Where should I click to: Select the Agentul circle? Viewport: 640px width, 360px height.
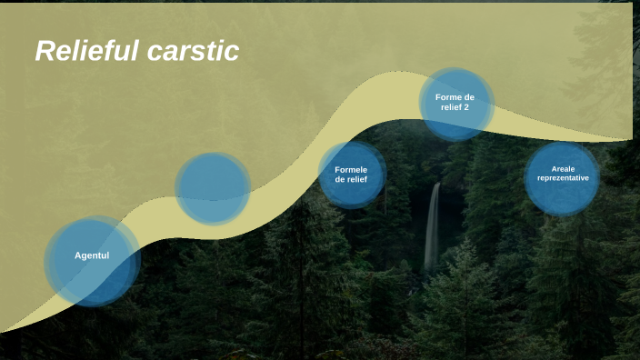coord(93,261)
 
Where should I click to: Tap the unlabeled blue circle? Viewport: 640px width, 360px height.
coord(213,188)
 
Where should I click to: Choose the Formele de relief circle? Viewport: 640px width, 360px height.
coord(351,175)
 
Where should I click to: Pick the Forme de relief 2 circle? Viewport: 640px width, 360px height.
coord(455,103)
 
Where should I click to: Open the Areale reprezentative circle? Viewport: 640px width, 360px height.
coord(563,177)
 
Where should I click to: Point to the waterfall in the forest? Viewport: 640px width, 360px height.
coord(433,227)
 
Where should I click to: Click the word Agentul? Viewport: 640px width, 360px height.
coord(92,255)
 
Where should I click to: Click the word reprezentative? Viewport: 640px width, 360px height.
coord(563,178)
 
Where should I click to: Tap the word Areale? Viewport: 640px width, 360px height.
coord(563,168)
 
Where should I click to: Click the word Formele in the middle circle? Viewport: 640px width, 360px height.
coord(351,169)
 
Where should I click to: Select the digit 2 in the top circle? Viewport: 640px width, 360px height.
coord(466,107)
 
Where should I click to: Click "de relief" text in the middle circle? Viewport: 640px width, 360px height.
coord(351,179)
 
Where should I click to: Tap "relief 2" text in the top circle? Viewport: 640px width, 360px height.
coord(455,107)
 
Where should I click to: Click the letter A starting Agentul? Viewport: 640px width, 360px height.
coord(78,255)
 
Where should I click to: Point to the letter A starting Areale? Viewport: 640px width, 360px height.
coord(554,168)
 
